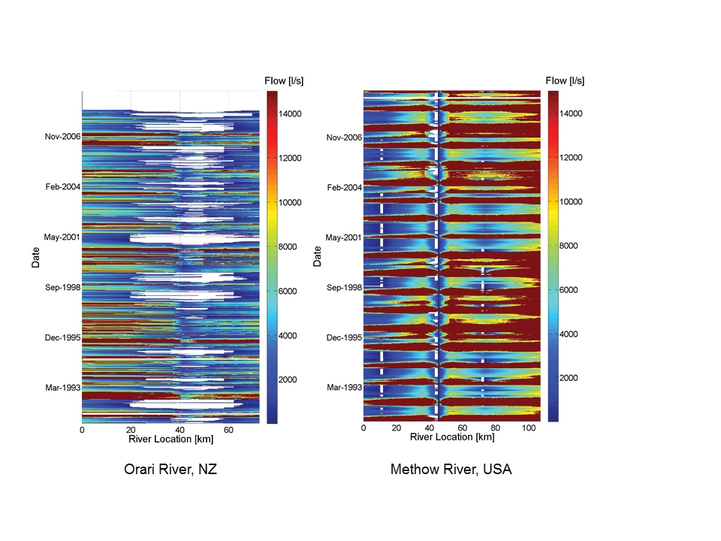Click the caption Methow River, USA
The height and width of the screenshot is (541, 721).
click(x=451, y=470)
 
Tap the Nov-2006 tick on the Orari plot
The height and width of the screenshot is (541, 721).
click(x=62, y=137)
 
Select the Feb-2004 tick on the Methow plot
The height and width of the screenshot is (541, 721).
click(x=343, y=187)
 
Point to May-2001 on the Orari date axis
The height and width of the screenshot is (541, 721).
click(x=62, y=237)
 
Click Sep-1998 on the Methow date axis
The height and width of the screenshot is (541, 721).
click(x=343, y=287)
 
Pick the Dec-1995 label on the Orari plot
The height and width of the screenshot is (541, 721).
click(x=62, y=337)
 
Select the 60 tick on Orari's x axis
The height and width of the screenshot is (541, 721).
click(x=228, y=431)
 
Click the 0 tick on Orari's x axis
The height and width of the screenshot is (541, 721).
click(x=82, y=431)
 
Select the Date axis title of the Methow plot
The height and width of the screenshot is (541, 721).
click(x=318, y=256)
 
